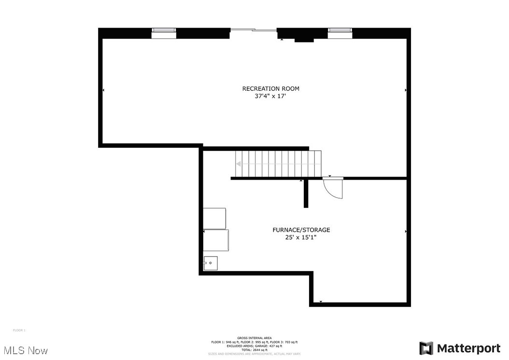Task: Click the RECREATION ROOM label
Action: [x=270, y=88]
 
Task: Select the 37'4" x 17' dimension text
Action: [x=270, y=96]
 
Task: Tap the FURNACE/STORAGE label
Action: [x=301, y=230]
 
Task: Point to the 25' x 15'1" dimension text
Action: [x=301, y=238]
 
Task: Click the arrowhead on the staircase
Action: [x=239, y=164]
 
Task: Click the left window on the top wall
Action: [x=164, y=33]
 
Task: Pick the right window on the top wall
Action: [x=340, y=33]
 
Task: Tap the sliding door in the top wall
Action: [x=254, y=30]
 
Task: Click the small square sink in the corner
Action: [x=211, y=263]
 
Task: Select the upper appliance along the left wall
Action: [x=214, y=218]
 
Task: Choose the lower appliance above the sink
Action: [x=216, y=240]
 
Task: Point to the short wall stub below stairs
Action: [x=306, y=193]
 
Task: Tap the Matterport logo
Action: [x=460, y=348]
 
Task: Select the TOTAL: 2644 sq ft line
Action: [x=254, y=350]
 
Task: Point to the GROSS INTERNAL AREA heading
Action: [x=254, y=338]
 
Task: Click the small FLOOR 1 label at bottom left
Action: [x=19, y=330]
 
